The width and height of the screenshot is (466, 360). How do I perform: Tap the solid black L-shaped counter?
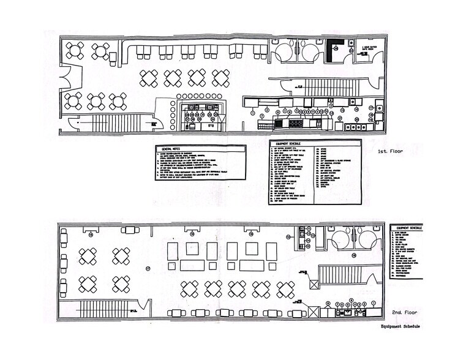click(x=334, y=50)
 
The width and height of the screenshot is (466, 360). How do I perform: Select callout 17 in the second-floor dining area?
click(x=147, y=268)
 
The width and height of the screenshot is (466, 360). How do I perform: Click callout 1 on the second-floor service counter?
click(x=328, y=303)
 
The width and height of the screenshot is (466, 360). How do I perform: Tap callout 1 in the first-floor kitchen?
click(x=253, y=112)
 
